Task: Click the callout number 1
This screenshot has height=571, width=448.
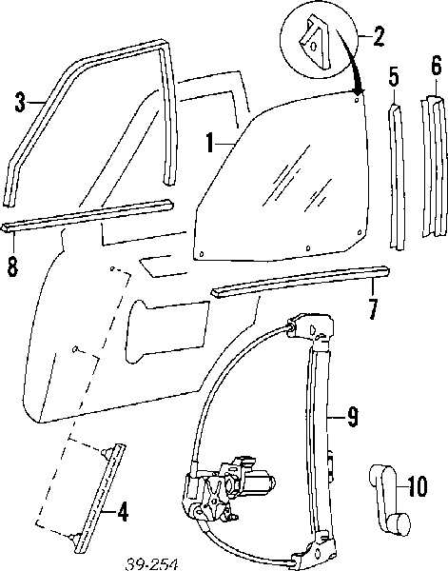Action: [x=209, y=142]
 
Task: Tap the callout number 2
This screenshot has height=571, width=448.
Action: [x=379, y=36]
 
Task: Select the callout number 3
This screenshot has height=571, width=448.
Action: [x=20, y=103]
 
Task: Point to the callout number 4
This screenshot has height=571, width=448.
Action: [x=123, y=512]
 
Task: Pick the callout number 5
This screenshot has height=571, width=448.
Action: [x=394, y=77]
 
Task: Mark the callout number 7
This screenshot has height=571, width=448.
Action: [x=372, y=309]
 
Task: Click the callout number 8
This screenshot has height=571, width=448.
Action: [x=12, y=267]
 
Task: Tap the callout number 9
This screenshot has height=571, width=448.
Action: [x=352, y=417]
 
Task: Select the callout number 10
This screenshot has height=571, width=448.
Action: [x=417, y=486]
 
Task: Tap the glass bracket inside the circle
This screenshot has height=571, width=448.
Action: [x=315, y=42]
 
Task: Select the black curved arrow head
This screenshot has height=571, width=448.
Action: [x=358, y=90]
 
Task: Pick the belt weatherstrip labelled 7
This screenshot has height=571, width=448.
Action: [x=301, y=283]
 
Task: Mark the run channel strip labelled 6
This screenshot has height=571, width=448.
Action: [x=434, y=166]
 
